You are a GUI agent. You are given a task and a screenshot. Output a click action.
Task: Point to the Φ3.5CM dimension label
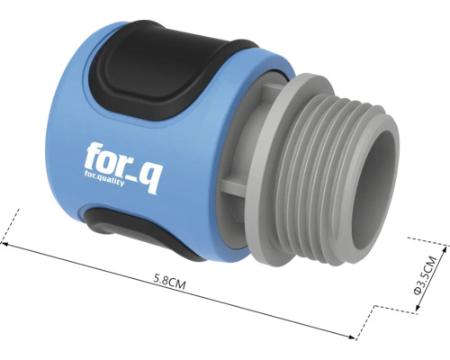point(429,275)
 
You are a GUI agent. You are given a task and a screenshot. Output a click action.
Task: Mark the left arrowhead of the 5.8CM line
point(6,240)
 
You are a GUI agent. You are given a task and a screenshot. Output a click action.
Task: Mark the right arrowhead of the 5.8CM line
point(355,337)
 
